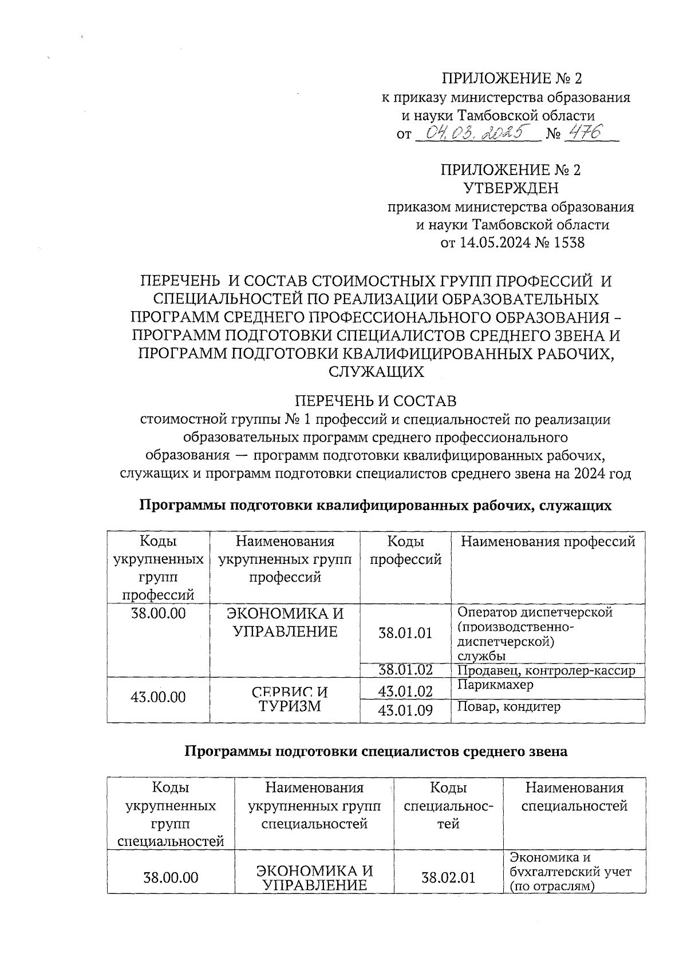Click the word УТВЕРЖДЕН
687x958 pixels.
click(x=510, y=188)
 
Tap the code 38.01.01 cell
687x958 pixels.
click(x=405, y=633)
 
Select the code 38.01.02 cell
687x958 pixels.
click(x=405, y=670)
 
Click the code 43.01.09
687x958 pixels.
click(x=405, y=710)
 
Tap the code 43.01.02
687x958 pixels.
click(x=405, y=691)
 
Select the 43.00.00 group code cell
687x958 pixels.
click(x=158, y=697)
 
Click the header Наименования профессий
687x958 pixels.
click(x=548, y=541)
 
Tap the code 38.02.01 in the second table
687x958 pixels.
click(x=448, y=877)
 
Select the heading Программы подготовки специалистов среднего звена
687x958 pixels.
click(x=376, y=752)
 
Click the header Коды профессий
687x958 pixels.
click(x=405, y=550)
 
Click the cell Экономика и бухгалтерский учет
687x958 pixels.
click(x=570, y=872)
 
